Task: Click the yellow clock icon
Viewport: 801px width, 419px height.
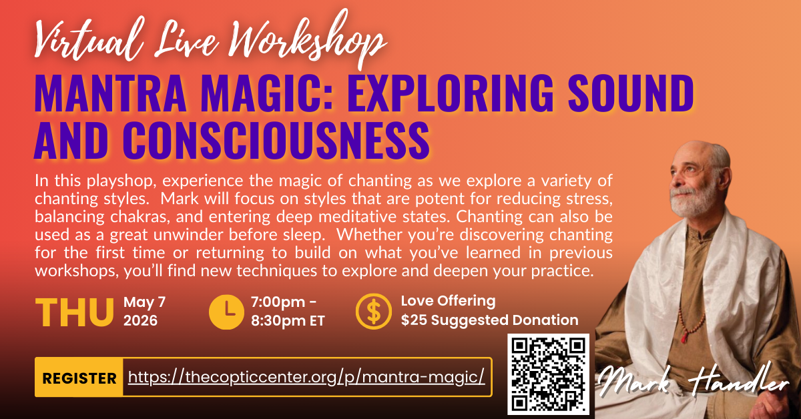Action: tap(226, 312)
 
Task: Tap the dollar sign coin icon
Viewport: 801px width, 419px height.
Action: tap(373, 312)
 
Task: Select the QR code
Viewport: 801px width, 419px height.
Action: tap(548, 374)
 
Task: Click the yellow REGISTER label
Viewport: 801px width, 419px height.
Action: tap(79, 377)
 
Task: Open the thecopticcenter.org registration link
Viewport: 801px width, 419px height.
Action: tap(306, 377)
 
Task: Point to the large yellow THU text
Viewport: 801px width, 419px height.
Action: tap(74, 312)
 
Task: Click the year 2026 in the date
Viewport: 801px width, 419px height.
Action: tap(140, 320)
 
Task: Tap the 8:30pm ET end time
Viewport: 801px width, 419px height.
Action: tap(288, 321)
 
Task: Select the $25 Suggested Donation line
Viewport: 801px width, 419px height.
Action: tap(489, 320)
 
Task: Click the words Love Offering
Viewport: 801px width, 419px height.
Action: tap(448, 301)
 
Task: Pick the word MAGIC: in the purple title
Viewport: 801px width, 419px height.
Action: tap(267, 93)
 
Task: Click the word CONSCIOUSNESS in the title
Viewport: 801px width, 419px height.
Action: tap(276, 140)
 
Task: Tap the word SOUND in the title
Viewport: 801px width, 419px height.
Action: tap(631, 93)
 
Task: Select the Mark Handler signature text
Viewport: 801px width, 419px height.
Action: tap(693, 380)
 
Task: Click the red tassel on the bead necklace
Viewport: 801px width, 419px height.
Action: tap(684, 336)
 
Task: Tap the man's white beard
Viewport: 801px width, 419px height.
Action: tap(692, 201)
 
